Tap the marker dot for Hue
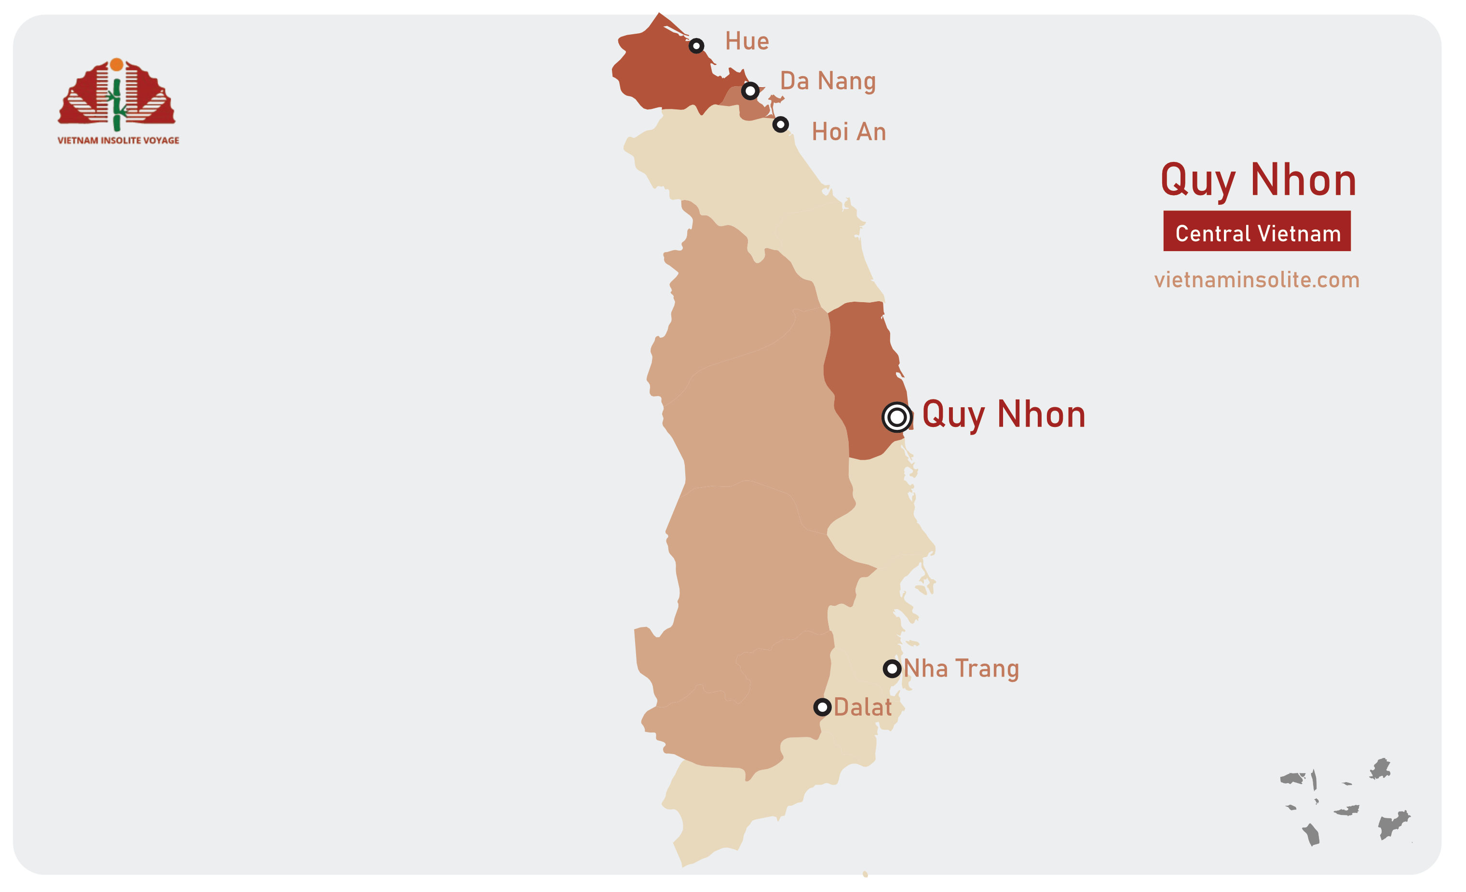pyautogui.click(x=696, y=46)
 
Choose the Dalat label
pyautogui.click(x=863, y=707)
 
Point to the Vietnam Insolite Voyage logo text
pyautogui.click(x=119, y=140)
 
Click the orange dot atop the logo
pyautogui.click(x=117, y=64)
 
